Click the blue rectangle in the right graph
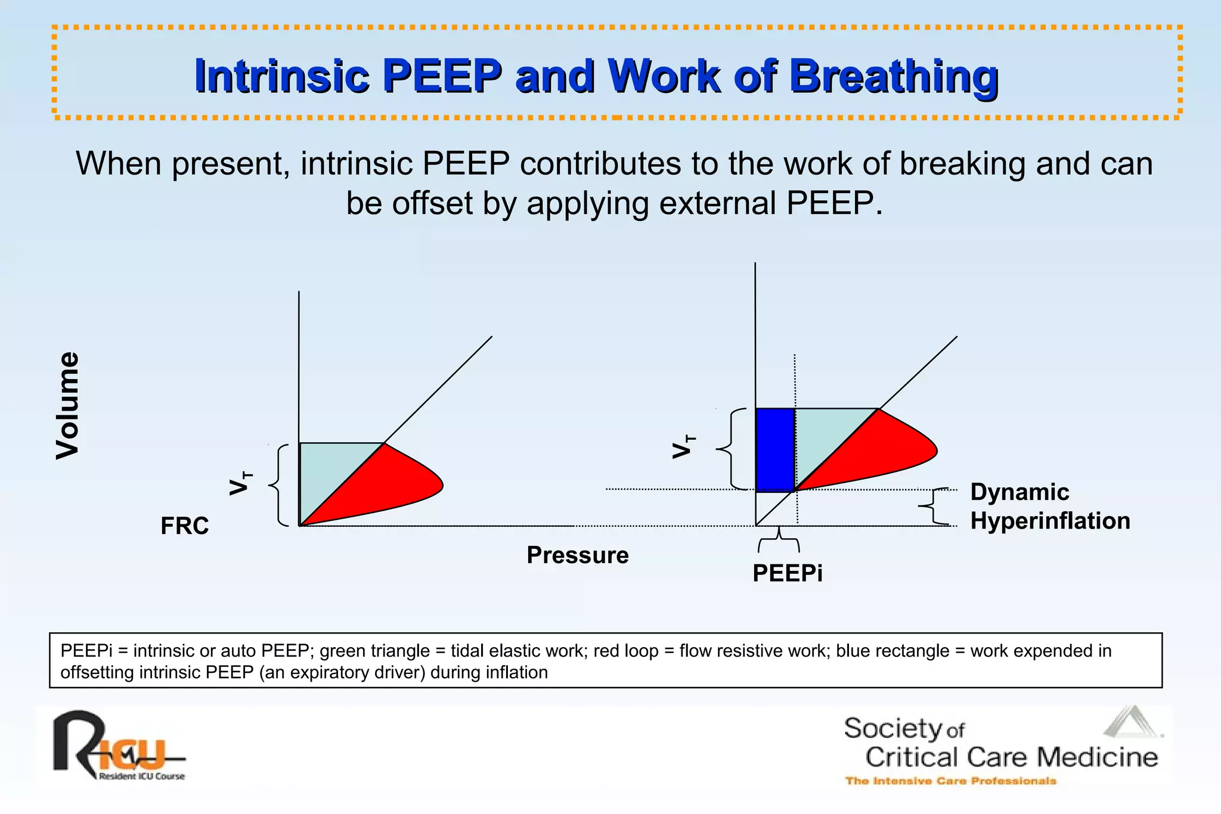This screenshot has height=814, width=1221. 775,450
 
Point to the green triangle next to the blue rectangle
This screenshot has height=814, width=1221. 823,435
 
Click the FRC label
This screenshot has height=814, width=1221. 185,526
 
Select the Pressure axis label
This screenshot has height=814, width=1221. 578,555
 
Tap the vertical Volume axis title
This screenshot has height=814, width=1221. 67,406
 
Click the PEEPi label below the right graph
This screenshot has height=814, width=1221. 788,573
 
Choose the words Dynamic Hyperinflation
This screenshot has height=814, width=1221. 1049,507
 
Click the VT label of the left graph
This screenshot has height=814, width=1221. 241,483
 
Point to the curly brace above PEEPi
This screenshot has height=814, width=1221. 779,540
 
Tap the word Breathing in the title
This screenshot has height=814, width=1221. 894,76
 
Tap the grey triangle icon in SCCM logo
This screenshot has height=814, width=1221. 1131,722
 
